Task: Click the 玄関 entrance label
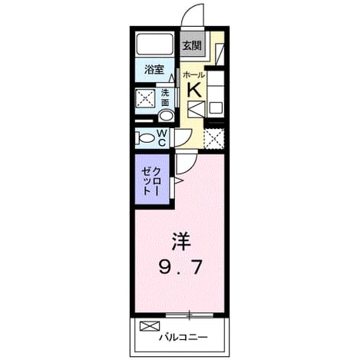pos(192,46)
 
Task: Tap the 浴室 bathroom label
pos(154,70)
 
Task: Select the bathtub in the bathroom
pos(154,43)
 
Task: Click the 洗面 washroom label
pos(165,97)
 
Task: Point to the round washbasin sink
pos(167,116)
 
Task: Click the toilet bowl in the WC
pos(146,138)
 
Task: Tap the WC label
pos(162,137)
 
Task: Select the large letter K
pos(194,90)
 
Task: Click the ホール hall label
pos(194,75)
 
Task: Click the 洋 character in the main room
pos(181,241)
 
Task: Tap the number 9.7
pos(180,266)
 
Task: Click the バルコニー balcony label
pos(183,337)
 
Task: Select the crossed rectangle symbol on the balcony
pos(150,326)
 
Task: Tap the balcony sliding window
pos(190,315)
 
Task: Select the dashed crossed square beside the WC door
pos(214,139)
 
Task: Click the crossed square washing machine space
pos(145,98)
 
